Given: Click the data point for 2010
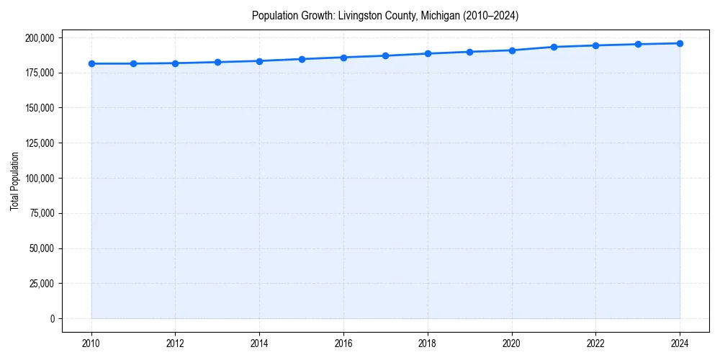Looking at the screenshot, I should tap(91, 63).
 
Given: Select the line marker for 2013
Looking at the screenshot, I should tap(217, 62).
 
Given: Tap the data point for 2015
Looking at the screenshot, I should tap(302, 59).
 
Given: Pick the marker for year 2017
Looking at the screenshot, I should tap(386, 55).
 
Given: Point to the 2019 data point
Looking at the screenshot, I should tap(469, 52).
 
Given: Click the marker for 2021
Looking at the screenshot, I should tap(554, 47).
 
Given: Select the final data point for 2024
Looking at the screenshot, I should tap(680, 43).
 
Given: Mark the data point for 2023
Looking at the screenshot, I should tap(638, 44).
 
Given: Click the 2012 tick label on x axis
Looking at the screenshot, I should tap(176, 343).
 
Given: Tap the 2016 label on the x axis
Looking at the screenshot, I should tap(343, 343).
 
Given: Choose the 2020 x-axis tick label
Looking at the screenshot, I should tap(512, 343).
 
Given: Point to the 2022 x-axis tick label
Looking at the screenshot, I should tap(595, 343).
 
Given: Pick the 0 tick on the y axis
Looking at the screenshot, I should tap(52, 319).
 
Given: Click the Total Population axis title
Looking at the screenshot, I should tap(14, 181).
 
